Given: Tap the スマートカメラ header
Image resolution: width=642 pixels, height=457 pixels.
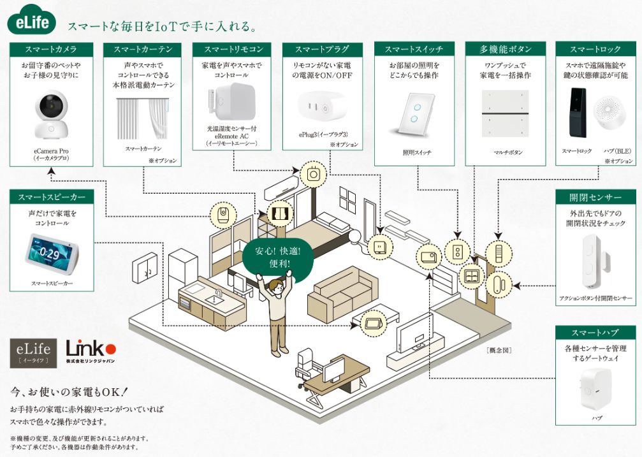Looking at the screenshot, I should click(x=52, y=50).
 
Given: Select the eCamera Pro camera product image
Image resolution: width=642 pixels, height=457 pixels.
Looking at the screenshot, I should click(x=52, y=116).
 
